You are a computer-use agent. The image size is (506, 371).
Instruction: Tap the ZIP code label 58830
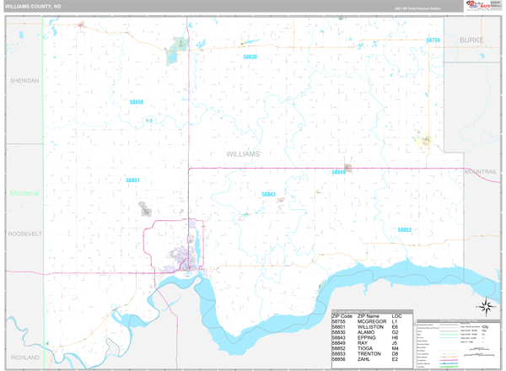click(250, 56)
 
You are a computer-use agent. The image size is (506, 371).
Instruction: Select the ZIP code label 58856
click(137, 102)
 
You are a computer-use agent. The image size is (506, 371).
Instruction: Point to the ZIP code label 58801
click(132, 180)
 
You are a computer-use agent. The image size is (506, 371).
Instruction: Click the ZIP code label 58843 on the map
click(268, 194)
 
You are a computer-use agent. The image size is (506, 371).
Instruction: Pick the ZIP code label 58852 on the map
click(405, 229)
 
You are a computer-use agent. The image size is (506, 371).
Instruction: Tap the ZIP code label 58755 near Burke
click(433, 40)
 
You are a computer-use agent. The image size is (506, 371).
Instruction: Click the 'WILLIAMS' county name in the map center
click(243, 154)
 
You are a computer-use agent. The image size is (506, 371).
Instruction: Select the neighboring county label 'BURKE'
click(471, 40)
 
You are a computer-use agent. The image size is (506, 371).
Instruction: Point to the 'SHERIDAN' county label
click(24, 81)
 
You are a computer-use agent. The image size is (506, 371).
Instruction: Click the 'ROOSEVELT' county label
click(24, 233)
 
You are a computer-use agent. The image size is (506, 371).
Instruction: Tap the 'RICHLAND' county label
click(24, 358)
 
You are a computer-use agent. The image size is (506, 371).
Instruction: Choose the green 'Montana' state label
click(24, 193)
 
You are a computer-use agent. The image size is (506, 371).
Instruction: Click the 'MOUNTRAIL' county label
click(481, 171)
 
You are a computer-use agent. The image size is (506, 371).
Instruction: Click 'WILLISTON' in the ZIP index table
click(372, 327)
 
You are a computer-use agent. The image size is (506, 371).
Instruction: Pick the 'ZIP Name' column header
click(370, 316)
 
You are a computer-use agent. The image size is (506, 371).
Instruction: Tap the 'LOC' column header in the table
click(396, 316)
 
